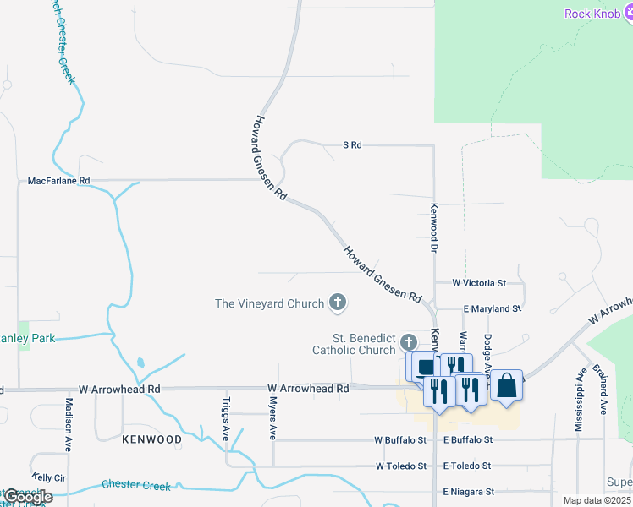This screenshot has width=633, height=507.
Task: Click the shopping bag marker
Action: point(506,385)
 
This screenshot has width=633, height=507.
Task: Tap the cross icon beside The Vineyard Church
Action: point(338,303)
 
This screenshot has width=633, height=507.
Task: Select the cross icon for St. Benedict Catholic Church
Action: point(409,342)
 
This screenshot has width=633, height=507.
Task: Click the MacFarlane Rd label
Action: point(58,181)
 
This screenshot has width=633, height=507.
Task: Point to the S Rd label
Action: point(352,145)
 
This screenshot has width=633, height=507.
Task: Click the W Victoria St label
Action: point(478,283)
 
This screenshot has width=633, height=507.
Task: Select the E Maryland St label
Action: point(491,309)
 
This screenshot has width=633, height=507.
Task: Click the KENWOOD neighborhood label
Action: point(151,440)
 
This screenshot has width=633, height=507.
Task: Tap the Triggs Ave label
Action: point(226,418)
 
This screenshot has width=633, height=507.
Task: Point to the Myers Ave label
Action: point(273,420)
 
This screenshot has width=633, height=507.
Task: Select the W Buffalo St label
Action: point(400,440)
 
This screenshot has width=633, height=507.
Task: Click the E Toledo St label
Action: point(466,466)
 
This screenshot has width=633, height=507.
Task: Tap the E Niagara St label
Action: point(468,492)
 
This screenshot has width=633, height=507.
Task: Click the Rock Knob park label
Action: point(592,14)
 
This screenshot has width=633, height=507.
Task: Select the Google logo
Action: point(28,496)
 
